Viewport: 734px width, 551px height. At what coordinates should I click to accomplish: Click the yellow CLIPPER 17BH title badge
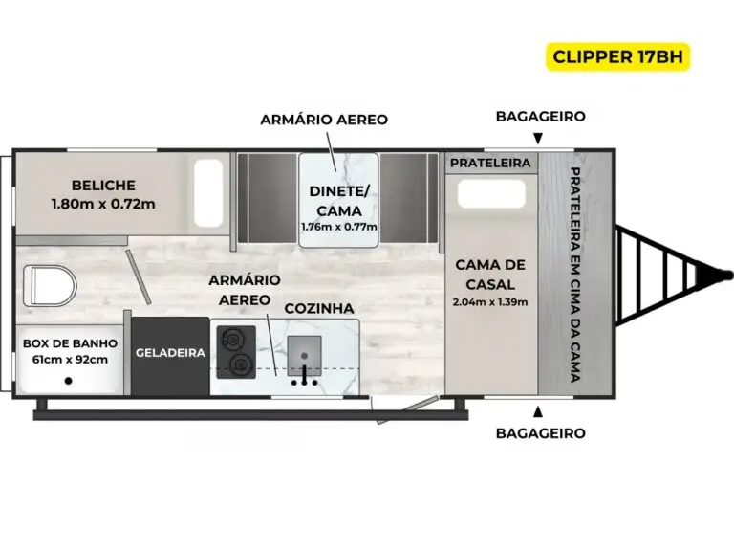[618, 56]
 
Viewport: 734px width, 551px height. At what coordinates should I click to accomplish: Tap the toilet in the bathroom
[50, 286]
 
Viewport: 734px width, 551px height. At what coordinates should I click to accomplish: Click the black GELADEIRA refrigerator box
[170, 356]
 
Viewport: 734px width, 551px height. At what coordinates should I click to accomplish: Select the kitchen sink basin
[304, 355]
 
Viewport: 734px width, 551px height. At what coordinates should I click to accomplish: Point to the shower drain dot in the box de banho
[69, 381]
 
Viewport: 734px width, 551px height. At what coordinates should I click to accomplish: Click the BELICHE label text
[103, 186]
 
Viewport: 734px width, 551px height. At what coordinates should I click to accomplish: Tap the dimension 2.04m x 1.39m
[490, 302]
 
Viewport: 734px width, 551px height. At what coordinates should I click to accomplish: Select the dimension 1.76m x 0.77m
[339, 228]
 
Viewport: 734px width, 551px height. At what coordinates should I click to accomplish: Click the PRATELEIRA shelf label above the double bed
[490, 163]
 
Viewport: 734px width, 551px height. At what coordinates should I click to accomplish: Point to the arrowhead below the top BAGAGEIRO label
[538, 138]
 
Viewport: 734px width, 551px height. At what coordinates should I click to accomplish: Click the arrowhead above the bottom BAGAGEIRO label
[538, 411]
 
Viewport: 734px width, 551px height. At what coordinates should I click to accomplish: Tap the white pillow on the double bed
[491, 193]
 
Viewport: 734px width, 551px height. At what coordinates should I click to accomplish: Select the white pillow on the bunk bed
[208, 193]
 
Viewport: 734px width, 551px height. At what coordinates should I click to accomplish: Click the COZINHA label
[319, 308]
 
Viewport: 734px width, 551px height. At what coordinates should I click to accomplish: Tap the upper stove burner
[231, 339]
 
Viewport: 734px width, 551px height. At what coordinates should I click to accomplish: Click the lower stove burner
[241, 364]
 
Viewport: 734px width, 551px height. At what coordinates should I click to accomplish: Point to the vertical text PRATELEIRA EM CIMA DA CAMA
[575, 275]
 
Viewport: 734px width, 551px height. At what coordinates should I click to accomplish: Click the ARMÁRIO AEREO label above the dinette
[324, 120]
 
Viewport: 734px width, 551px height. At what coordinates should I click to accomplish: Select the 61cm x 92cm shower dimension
[70, 360]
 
